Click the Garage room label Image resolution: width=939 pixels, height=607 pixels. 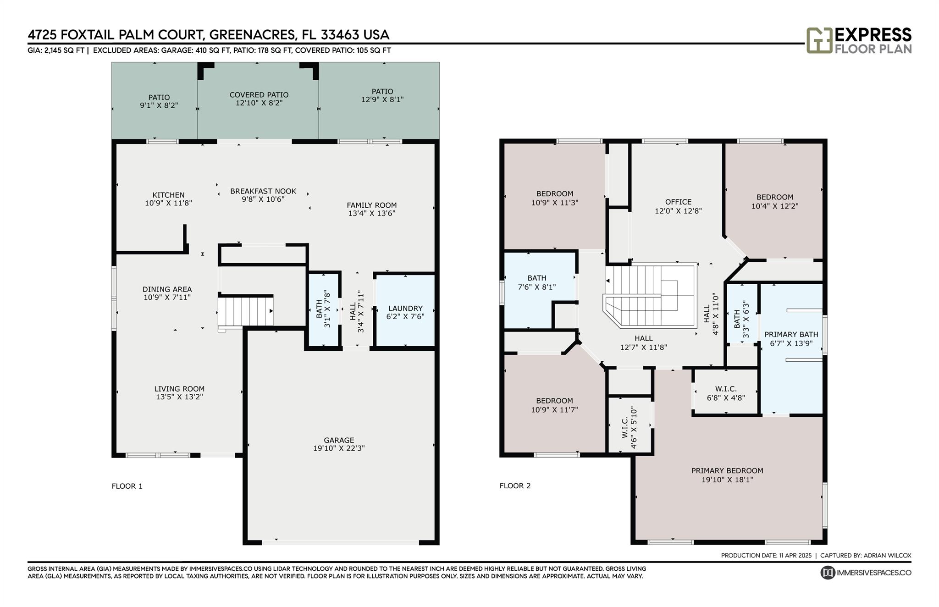[339, 440]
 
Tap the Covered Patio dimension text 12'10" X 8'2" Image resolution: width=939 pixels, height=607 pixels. [259, 103]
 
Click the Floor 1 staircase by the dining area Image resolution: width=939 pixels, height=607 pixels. [245, 311]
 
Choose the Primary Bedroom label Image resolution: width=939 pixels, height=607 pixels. [727, 471]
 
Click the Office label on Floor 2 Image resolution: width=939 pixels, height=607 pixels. [678, 202]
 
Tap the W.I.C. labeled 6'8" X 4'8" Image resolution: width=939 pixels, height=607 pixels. [725, 393]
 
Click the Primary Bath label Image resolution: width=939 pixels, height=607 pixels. [791, 335]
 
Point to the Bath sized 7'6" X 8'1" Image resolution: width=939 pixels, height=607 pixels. [536, 282]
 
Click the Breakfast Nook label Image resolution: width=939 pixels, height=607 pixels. [263, 191]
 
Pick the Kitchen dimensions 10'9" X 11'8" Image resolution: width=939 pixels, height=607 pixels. [168, 203]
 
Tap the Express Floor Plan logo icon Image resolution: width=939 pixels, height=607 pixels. [819, 40]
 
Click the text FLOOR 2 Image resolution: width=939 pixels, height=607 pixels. [515, 486]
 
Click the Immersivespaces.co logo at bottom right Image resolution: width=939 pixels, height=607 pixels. [865, 573]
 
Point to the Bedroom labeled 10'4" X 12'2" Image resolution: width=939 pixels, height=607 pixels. [774, 202]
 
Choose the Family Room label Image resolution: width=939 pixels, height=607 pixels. [371, 205]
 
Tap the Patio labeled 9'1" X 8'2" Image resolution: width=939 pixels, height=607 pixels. [159, 101]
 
